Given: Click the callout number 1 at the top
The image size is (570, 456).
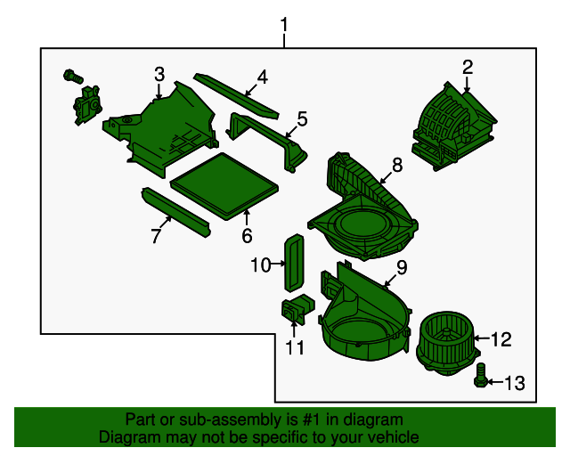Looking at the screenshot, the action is pos(284,25).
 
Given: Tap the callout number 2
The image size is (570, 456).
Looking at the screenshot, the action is pos(468,68).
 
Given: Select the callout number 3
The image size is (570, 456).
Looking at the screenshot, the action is pos(159,74).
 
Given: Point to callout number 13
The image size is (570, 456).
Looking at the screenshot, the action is pos(515,383).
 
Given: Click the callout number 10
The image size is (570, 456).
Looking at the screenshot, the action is pos(261,265).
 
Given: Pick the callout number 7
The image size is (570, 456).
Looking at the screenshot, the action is pos(156,236).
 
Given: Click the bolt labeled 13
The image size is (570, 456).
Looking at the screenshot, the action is pos(480,375).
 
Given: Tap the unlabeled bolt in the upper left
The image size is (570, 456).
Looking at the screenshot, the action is pos(73,77).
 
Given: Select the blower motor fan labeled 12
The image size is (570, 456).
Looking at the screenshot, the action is pos(448,343).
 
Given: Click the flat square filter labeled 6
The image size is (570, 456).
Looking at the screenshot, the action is pos(224,186).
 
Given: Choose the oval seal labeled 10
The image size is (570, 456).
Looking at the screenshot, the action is pos(294,262).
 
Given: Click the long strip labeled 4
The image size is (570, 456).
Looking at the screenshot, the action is pos(237,96).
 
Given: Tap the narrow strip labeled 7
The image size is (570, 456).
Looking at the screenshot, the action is pos(176,212).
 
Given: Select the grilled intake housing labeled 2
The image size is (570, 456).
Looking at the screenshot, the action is pos(454,126).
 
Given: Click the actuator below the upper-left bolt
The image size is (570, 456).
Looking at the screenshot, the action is pos(87,105).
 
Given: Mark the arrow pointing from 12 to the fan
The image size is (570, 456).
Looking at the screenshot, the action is pos(482,338).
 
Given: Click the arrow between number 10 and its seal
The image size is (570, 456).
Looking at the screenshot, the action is pos(279,264).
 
